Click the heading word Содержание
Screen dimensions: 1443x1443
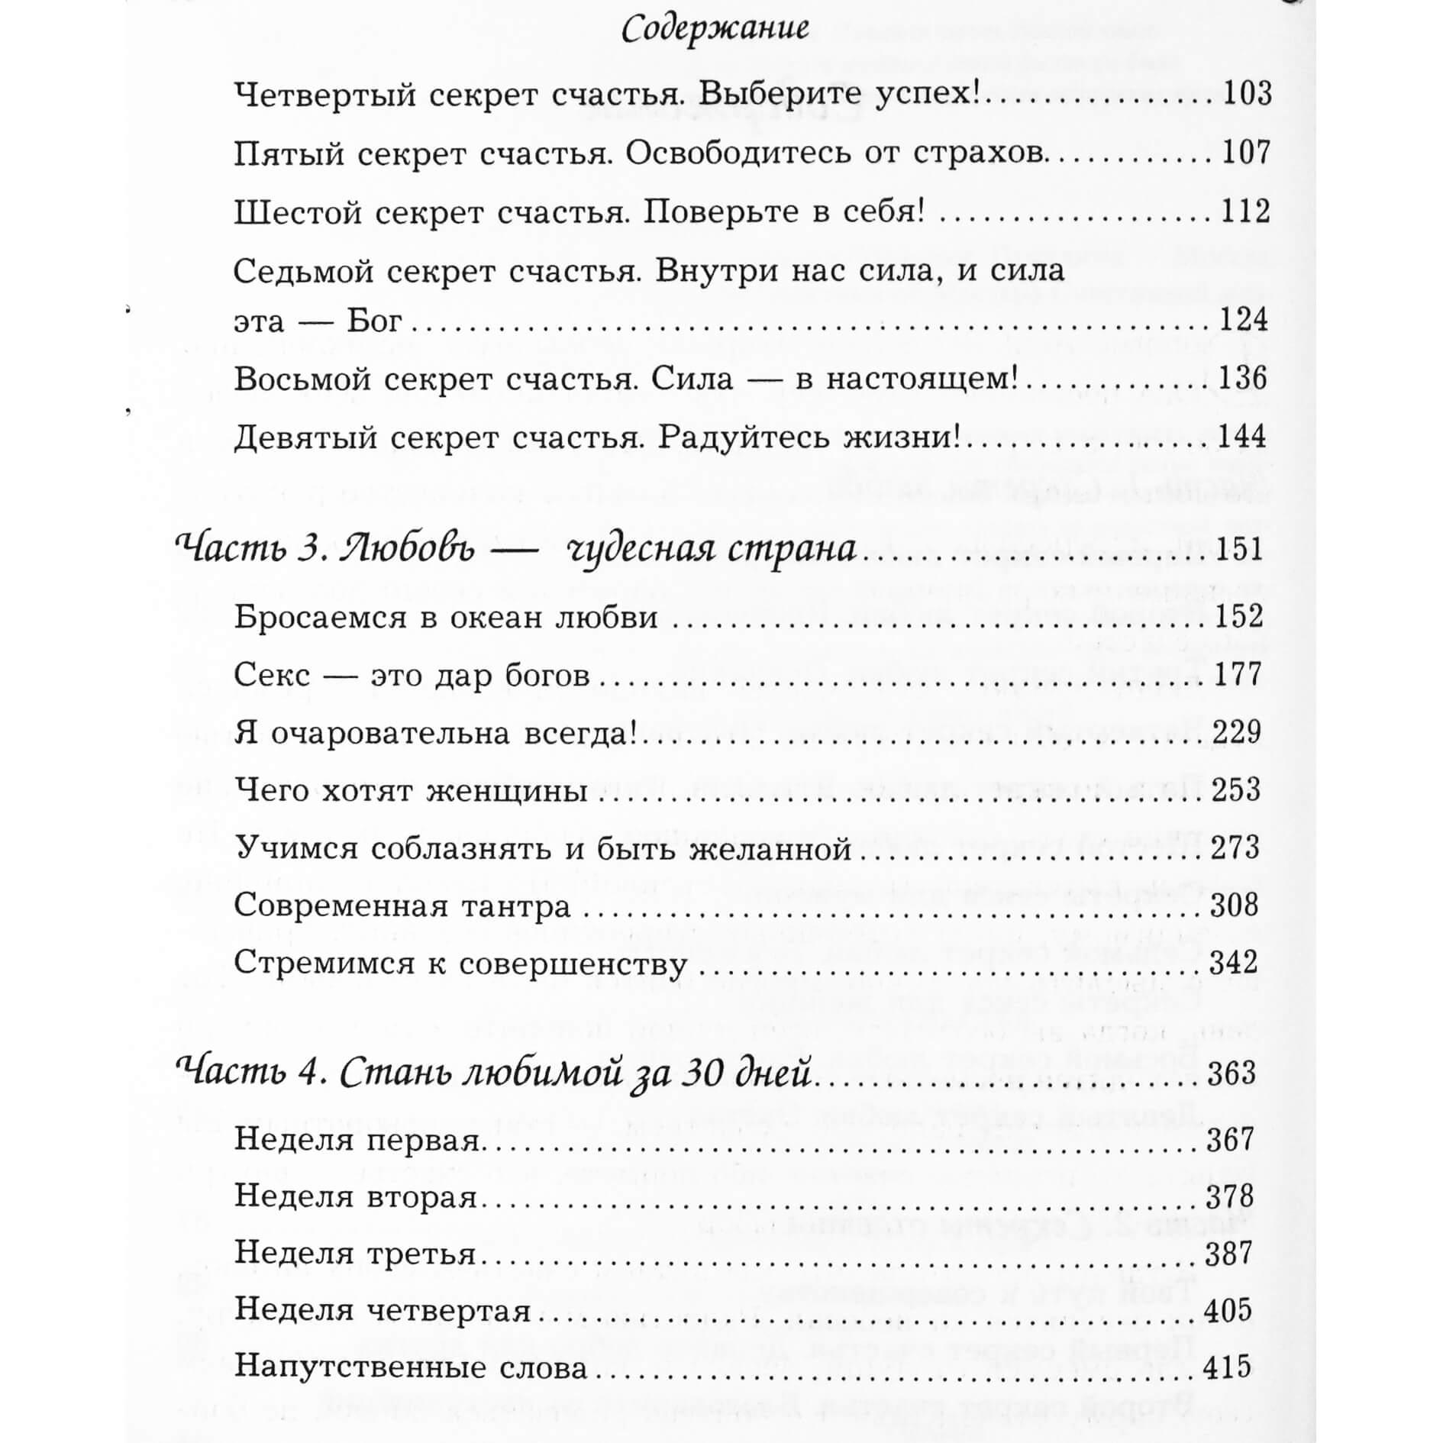click(715, 30)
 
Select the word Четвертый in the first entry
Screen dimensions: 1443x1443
click(324, 94)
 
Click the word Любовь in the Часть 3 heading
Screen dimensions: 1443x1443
click(409, 550)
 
